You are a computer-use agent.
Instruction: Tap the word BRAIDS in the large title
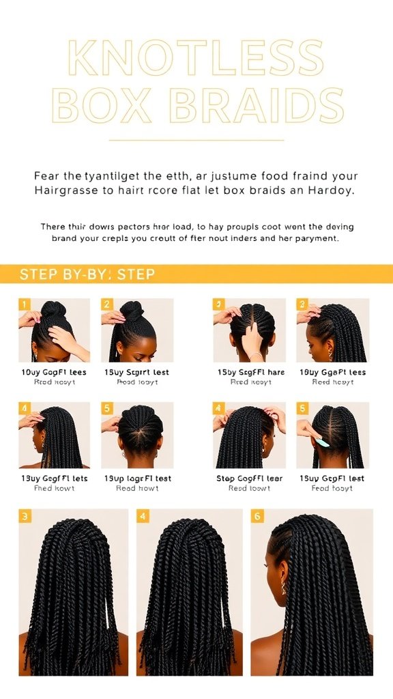[256, 106]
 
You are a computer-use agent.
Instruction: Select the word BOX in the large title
[103, 106]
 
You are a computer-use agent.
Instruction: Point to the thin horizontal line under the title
[196, 140]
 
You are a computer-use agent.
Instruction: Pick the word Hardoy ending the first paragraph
[332, 190]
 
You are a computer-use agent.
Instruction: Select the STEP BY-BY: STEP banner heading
[87, 274]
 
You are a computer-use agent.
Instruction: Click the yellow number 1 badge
[25, 304]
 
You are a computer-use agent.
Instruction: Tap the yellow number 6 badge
[257, 516]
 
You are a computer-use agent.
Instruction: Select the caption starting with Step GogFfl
[249, 479]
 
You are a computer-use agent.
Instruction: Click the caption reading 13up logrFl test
[137, 479]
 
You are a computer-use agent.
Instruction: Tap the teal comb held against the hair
[321, 443]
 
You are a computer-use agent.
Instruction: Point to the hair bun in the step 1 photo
[54, 311]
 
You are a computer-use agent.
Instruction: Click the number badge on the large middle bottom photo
[143, 516]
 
